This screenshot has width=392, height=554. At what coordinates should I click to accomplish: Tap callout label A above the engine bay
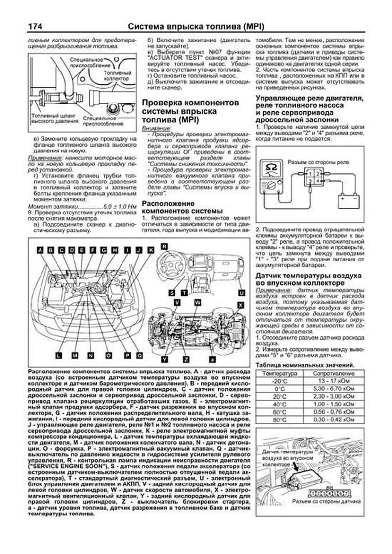tap(40, 250)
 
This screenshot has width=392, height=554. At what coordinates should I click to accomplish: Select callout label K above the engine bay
tap(151, 250)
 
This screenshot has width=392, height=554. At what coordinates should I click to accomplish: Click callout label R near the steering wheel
tap(164, 246)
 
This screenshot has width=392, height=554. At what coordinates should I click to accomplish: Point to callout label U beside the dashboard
tap(241, 293)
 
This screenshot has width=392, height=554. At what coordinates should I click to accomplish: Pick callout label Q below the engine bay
tap(139, 356)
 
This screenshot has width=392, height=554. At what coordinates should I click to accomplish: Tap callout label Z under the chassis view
tap(186, 359)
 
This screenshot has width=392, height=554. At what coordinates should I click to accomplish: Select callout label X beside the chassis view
tap(241, 305)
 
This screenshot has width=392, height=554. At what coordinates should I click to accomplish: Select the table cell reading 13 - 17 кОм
tap(334, 381)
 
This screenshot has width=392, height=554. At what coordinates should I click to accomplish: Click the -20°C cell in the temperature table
tap(280, 381)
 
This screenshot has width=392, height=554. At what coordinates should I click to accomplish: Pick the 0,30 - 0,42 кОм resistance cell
tap(334, 419)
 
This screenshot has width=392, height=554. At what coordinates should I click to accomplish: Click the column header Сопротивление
tap(334, 373)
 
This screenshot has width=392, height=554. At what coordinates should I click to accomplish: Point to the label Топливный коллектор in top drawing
tap(117, 76)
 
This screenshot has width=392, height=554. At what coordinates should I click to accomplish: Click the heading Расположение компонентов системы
tap(182, 207)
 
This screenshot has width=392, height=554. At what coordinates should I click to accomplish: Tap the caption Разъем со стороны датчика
tap(326, 501)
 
